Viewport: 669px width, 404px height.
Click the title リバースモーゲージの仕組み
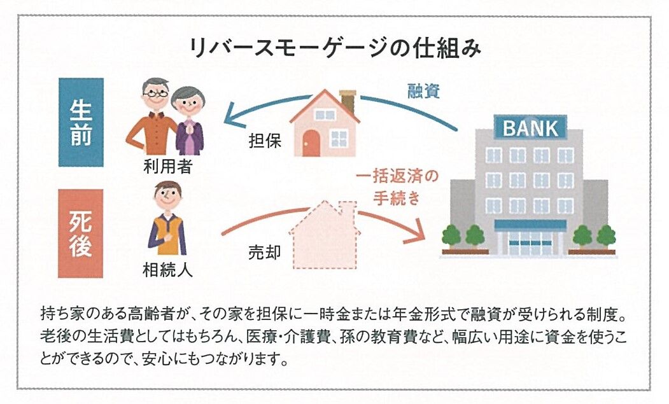(x=334, y=48)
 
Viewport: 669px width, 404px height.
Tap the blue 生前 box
(x=81, y=122)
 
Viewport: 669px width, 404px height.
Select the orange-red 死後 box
(x=81, y=233)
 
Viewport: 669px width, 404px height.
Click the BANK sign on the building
(x=530, y=129)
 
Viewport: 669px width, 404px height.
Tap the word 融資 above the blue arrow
(x=425, y=91)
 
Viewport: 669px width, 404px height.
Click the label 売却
(x=264, y=252)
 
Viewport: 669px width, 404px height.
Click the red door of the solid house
(x=311, y=141)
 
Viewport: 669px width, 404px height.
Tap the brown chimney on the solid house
(x=348, y=101)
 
